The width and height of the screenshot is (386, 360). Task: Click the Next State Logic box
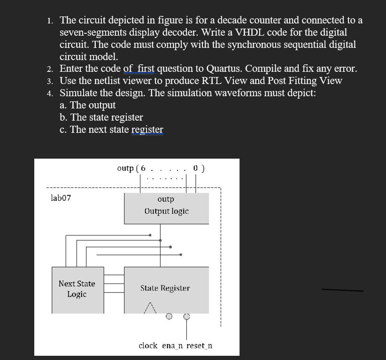click(x=77, y=289)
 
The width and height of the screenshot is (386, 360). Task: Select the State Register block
click(x=166, y=289)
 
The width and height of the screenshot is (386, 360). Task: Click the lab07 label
click(x=61, y=198)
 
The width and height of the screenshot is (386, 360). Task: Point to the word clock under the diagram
click(x=148, y=345)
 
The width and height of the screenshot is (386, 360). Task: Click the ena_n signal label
click(x=173, y=345)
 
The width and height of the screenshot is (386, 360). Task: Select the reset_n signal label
click(x=199, y=345)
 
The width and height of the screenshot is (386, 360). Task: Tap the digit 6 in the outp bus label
click(x=143, y=168)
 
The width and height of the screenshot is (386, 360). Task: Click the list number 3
click(x=50, y=81)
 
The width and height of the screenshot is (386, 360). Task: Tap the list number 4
click(x=50, y=93)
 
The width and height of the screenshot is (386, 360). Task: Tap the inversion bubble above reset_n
click(x=186, y=316)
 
